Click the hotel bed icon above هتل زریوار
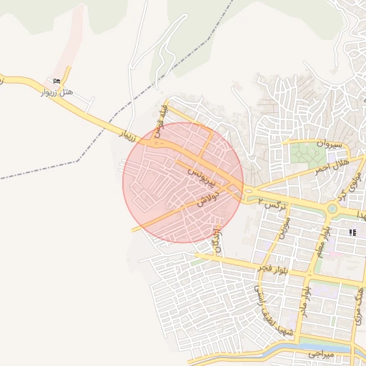(56, 81)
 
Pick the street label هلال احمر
(331, 167)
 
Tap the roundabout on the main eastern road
(332, 209)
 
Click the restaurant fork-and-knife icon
(352, 232)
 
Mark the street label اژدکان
(217, 240)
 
